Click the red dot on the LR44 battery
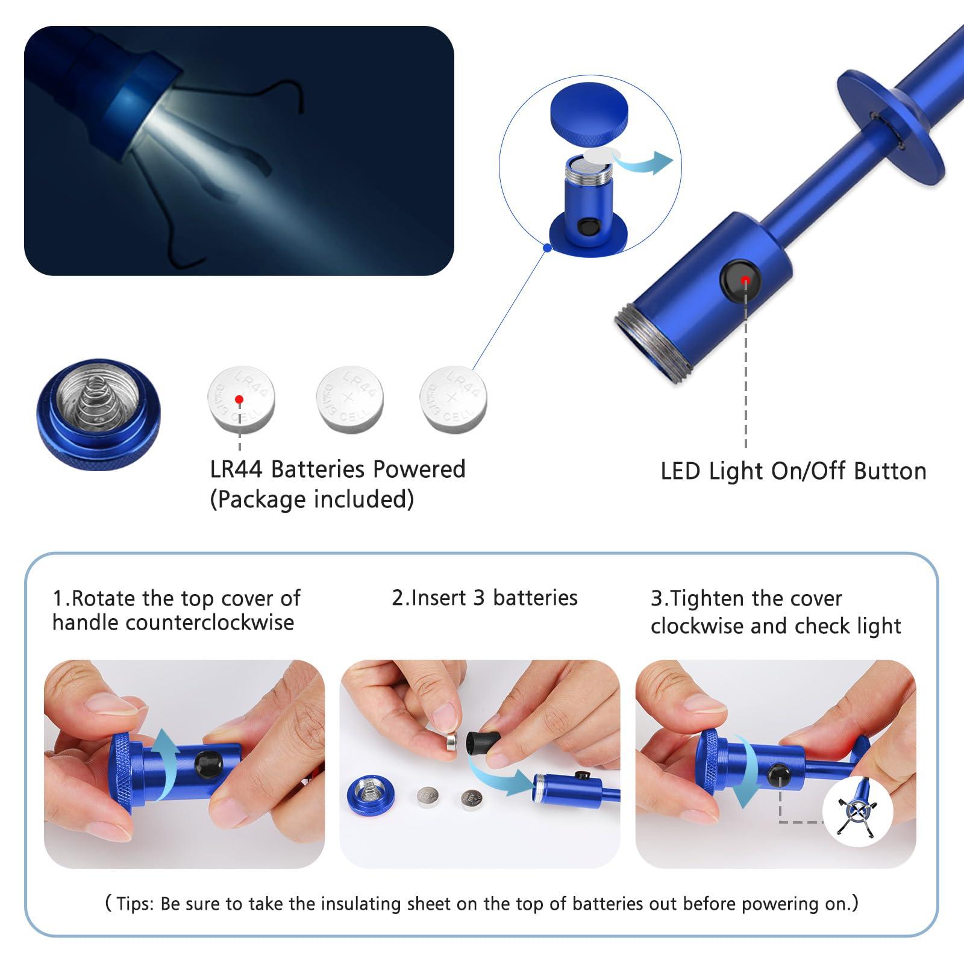[x=240, y=399]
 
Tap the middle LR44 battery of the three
[x=349, y=399]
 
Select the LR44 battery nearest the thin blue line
[x=453, y=398]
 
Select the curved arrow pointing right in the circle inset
[x=648, y=161]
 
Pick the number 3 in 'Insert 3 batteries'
[x=479, y=598]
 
